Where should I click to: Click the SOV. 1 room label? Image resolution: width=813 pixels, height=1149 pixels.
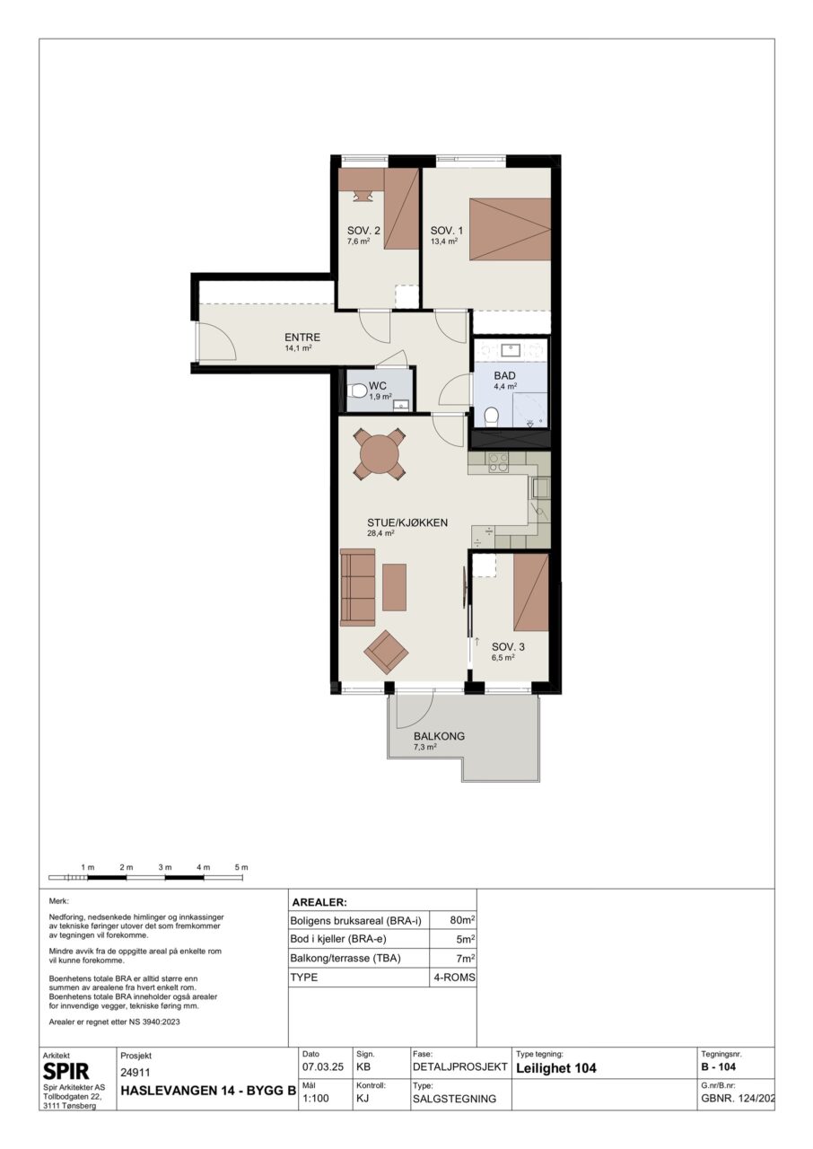pyautogui.click(x=446, y=231)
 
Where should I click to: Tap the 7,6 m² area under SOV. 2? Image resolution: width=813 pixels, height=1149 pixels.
pyautogui.click(x=359, y=241)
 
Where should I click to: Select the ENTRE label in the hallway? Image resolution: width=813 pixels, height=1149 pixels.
pyautogui.click(x=302, y=337)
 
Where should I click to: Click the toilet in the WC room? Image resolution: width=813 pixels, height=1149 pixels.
pyautogui.click(x=357, y=392)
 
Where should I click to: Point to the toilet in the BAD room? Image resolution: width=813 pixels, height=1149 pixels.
pyautogui.click(x=492, y=416)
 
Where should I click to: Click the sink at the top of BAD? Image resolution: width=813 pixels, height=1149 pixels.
pyautogui.click(x=511, y=350)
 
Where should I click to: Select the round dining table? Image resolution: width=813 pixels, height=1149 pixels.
pyautogui.click(x=380, y=454)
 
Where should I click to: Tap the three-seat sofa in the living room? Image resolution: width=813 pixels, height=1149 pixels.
pyautogui.click(x=357, y=587)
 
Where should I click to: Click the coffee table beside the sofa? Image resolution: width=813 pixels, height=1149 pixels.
pyautogui.click(x=394, y=587)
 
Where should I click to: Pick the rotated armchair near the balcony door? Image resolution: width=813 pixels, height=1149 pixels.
pyautogui.click(x=386, y=652)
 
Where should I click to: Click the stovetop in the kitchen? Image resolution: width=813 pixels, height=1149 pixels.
pyautogui.click(x=498, y=462)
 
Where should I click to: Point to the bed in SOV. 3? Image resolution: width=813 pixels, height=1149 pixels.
pyautogui.click(x=531, y=592)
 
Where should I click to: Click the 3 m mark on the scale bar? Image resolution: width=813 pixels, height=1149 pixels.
pyautogui.click(x=164, y=867)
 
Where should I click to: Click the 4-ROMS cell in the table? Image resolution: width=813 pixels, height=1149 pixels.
pyautogui.click(x=455, y=978)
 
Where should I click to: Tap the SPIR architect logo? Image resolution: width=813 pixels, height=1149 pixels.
pyautogui.click(x=66, y=1071)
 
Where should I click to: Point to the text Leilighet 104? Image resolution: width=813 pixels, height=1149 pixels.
pyautogui.click(x=556, y=1068)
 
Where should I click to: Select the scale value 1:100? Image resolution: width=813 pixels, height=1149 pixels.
pyautogui.click(x=316, y=1099)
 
